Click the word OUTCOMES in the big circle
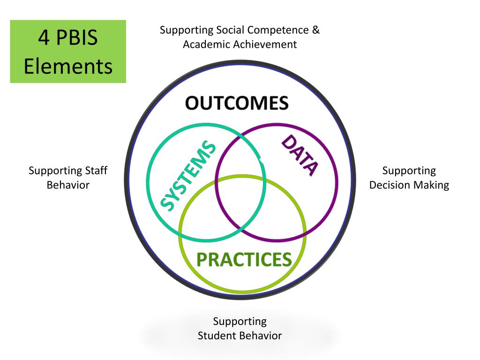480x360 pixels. pos(236,103)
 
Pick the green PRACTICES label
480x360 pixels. pos(243,259)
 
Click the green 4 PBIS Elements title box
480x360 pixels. pos(68,52)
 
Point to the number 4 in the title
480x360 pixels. pos(44,37)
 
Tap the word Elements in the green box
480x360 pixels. pos(68,66)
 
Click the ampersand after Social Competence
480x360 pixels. pos(316,30)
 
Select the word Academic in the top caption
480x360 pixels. pos(203,45)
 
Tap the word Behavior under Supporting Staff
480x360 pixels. pos(68,185)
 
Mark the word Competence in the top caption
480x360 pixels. pos(277,30)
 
